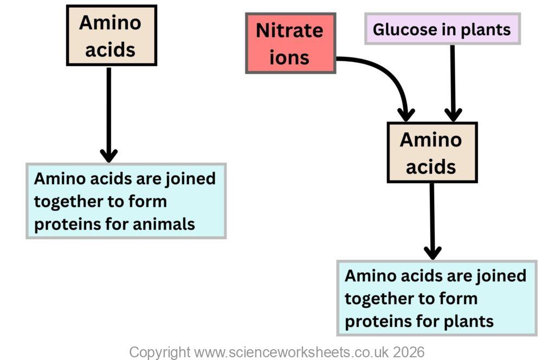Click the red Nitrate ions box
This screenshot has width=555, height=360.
(x=291, y=43)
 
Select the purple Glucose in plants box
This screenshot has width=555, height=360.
(x=442, y=29)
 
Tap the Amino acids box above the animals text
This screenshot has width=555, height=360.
(x=111, y=36)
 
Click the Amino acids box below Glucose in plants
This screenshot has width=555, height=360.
(x=431, y=153)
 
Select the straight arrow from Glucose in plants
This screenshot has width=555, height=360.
(x=453, y=81)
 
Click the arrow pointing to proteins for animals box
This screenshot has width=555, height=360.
(x=108, y=114)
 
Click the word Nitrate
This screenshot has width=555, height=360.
(x=289, y=30)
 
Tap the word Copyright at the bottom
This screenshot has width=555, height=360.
(x=159, y=352)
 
